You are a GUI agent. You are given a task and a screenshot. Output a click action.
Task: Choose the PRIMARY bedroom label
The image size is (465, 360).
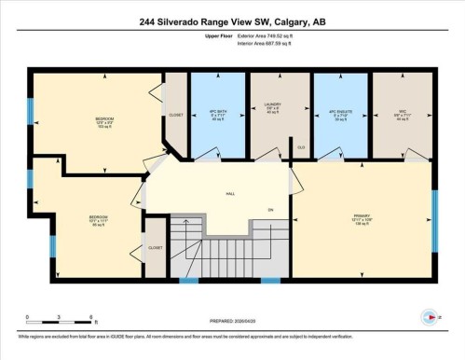(x=362, y=220)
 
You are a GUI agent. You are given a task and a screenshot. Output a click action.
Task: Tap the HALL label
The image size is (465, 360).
(x=229, y=195)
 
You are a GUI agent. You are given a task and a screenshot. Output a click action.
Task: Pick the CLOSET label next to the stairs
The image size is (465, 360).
(x=156, y=248)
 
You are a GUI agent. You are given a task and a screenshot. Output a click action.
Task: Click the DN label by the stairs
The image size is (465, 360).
(x=270, y=210)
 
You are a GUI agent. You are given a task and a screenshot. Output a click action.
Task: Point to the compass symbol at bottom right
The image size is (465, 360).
(x=428, y=317)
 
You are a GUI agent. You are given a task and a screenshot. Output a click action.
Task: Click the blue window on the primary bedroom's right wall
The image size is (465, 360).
(x=434, y=220)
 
